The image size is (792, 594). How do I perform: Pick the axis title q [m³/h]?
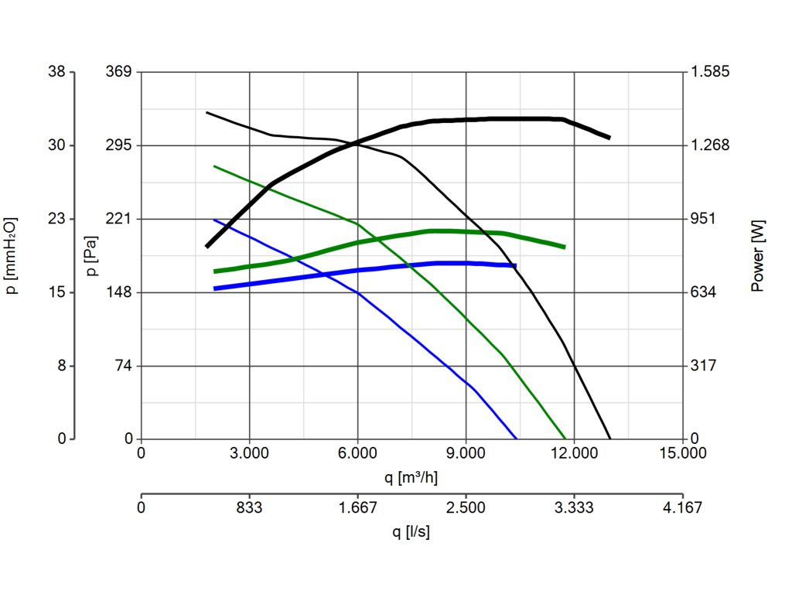click(x=411, y=476)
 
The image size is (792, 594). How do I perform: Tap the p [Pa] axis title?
click(x=91, y=255)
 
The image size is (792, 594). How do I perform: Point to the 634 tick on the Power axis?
click(x=703, y=292)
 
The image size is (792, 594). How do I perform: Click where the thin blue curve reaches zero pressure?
click(x=516, y=439)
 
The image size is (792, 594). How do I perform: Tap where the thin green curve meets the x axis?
click(x=566, y=439)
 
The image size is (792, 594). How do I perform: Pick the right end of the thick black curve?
click(x=609, y=138)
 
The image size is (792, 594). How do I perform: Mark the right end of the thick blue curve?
click(x=515, y=265)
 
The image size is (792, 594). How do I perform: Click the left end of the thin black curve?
click(x=206, y=112)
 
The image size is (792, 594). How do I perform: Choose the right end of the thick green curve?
click(x=565, y=247)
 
